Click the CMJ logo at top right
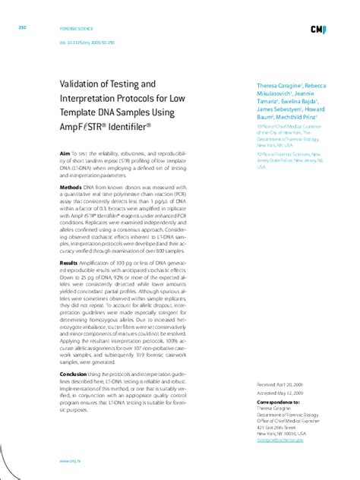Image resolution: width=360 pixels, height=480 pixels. (318, 30)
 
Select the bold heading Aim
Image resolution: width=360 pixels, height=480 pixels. (65, 153)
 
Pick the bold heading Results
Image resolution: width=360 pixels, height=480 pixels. (69, 262)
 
